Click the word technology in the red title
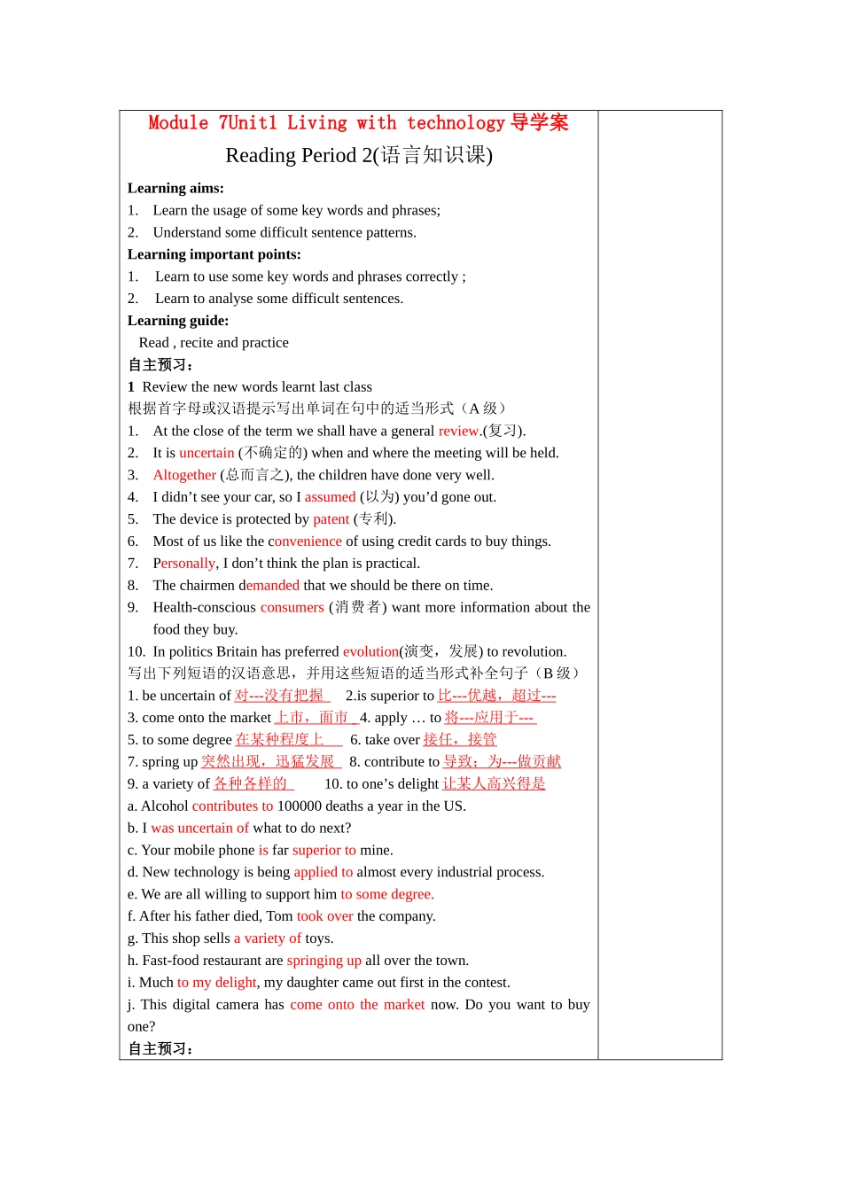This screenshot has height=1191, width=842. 456,123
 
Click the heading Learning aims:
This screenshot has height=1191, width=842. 175,188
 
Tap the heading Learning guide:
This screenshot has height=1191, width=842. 177,321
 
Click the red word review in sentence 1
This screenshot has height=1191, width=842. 458,431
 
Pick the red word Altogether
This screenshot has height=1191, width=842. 184,475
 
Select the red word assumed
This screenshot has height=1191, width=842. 330,497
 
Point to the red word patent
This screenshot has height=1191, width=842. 331,519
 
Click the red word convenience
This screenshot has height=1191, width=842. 305,541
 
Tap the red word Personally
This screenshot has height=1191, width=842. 183,564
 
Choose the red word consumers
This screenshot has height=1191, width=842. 292,607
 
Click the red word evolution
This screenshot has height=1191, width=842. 370,651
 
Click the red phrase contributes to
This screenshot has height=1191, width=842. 232,806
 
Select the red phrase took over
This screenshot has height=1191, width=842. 324,916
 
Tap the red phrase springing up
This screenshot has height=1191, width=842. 324,961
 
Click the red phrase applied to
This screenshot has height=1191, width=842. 323,872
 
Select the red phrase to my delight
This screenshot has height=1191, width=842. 216,983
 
